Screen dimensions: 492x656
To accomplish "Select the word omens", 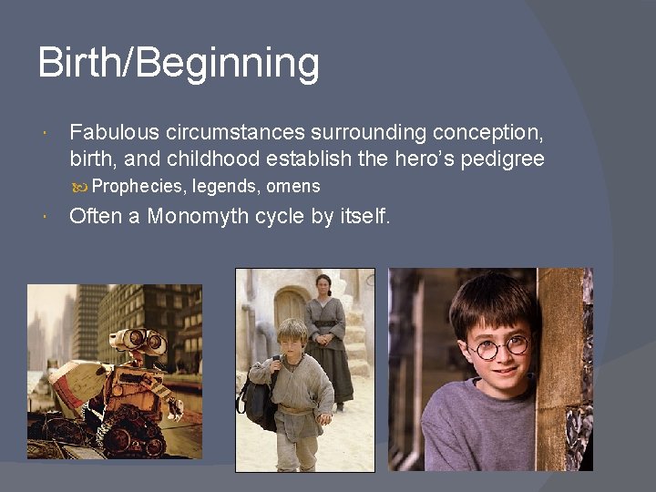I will (x=293, y=187).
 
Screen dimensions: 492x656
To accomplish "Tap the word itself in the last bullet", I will (x=364, y=217).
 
